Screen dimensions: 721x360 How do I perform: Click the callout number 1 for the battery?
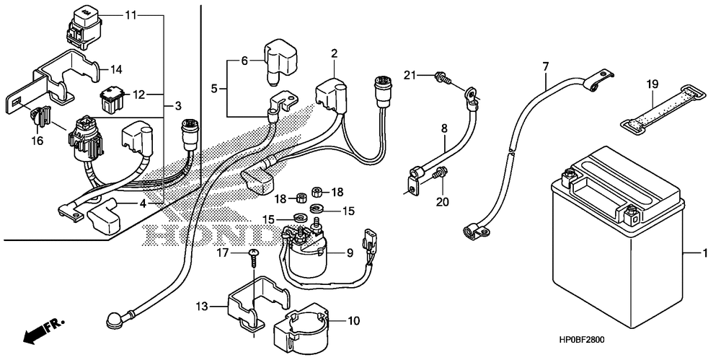pyautogui.click(x=704, y=253)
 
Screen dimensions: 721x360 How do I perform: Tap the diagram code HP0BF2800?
pyautogui.click(x=582, y=341)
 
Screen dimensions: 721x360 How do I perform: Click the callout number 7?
pyautogui.click(x=545, y=67)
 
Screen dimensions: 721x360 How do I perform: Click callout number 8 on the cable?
pyautogui.click(x=444, y=129)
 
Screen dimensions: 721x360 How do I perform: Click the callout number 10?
pyautogui.click(x=354, y=320)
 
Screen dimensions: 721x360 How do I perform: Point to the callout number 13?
pyautogui.click(x=201, y=307)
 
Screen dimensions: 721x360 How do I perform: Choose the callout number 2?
pyautogui.click(x=334, y=54)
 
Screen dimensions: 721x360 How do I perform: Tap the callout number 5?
pyautogui.click(x=214, y=88)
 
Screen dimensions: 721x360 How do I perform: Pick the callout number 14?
pyautogui.click(x=116, y=69)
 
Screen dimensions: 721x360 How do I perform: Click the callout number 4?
pyautogui.click(x=143, y=203)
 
